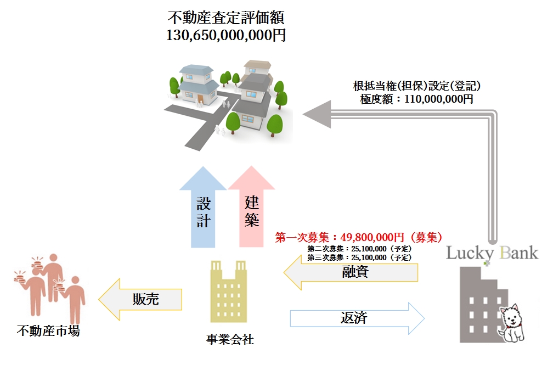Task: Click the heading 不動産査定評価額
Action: point(225,18)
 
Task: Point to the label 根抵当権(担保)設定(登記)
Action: point(416,87)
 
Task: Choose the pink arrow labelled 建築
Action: point(251,211)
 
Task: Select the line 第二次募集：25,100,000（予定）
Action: point(359,249)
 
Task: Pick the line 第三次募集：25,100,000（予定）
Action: point(359,257)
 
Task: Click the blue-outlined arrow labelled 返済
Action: point(357,318)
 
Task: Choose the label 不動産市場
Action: point(48,331)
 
